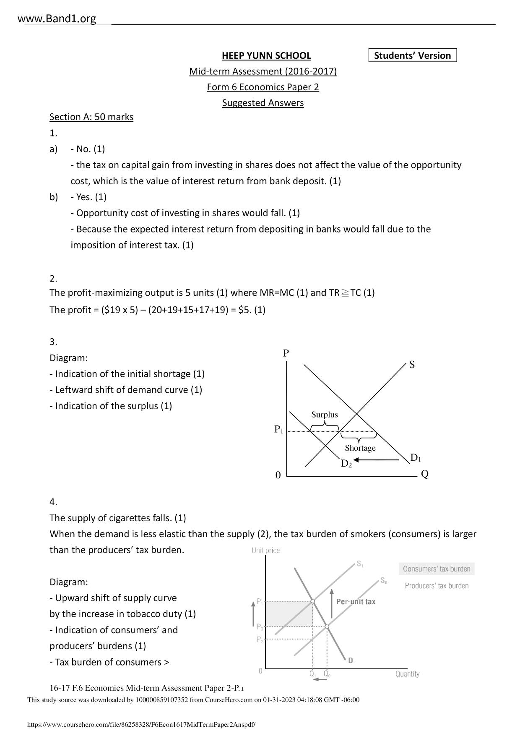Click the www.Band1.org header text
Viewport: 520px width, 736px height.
pos(57,18)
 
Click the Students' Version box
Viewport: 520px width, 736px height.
pos(412,55)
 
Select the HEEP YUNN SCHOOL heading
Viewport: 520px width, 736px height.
pos(266,55)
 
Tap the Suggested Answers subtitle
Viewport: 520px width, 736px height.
pos(263,103)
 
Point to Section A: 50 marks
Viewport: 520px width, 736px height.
pos(91,117)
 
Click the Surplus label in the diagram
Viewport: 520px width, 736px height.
pos(324,415)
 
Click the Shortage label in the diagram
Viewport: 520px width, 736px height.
pos(360,448)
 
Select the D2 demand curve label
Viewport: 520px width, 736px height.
pos(346,464)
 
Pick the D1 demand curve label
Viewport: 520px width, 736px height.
pos(415,457)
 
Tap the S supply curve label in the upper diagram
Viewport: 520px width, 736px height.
pos(412,365)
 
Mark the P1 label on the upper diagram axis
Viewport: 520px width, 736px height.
pos(279,429)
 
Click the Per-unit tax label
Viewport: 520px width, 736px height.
pos(356,601)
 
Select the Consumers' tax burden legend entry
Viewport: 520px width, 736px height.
pos(437,569)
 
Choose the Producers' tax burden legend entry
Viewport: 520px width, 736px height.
pos(437,586)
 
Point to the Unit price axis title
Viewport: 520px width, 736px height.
pos(265,551)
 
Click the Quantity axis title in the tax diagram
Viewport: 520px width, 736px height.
pos(407,674)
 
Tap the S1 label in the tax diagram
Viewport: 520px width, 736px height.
pos(360,564)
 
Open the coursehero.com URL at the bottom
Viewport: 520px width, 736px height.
pos(141,725)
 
